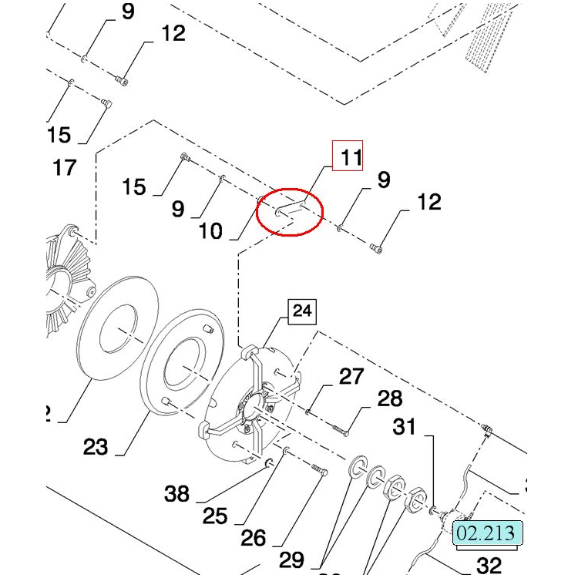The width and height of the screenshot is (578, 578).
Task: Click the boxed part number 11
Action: point(351,157)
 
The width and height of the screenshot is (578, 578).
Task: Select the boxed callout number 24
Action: point(303,311)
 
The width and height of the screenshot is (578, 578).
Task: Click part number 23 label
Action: point(96,446)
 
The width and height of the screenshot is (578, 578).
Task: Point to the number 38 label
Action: point(177,493)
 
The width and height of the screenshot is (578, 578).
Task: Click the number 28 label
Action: point(390,398)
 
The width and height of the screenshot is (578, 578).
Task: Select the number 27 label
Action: point(351,376)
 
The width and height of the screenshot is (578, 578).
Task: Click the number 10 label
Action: point(210,230)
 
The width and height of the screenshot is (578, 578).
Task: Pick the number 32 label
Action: point(489,566)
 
